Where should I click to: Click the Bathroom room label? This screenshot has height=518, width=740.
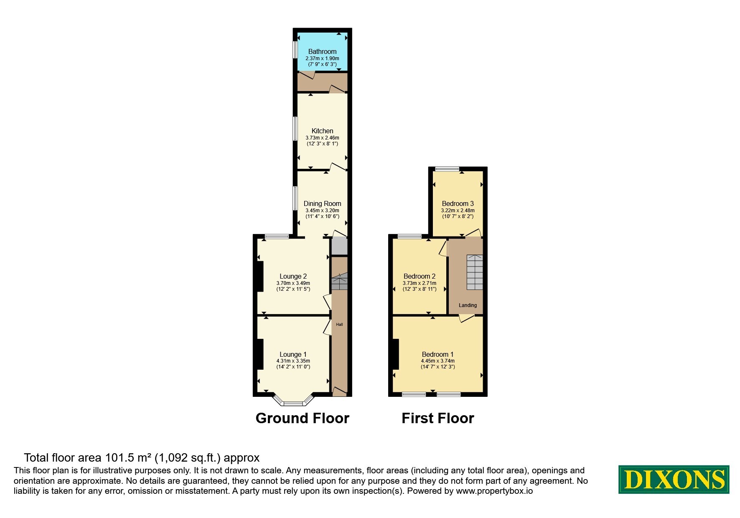(x=322, y=51)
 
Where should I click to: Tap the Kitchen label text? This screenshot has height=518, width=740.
(x=322, y=131)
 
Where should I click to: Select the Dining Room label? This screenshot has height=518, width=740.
(x=322, y=203)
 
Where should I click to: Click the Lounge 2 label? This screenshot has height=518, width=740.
(x=293, y=276)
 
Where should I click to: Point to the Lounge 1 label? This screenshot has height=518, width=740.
(x=293, y=354)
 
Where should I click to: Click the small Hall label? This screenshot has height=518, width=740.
(x=339, y=324)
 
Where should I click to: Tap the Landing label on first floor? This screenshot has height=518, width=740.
(x=468, y=305)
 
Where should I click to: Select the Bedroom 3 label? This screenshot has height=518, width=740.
(x=458, y=203)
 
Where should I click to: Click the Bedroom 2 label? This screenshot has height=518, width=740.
(x=419, y=276)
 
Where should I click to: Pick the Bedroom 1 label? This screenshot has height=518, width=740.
(x=437, y=354)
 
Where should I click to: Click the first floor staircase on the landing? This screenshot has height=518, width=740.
(x=474, y=272)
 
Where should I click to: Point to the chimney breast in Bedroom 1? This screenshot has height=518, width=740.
(x=395, y=354)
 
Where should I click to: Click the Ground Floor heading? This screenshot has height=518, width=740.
(x=302, y=418)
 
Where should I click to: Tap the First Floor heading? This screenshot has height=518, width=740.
(x=437, y=418)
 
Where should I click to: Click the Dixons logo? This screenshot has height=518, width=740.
(x=674, y=479)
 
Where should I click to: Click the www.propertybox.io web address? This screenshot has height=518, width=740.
(x=494, y=491)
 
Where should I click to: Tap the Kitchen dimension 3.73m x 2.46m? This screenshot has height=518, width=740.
(x=322, y=137)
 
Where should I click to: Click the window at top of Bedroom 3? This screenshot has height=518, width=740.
(x=447, y=169)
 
